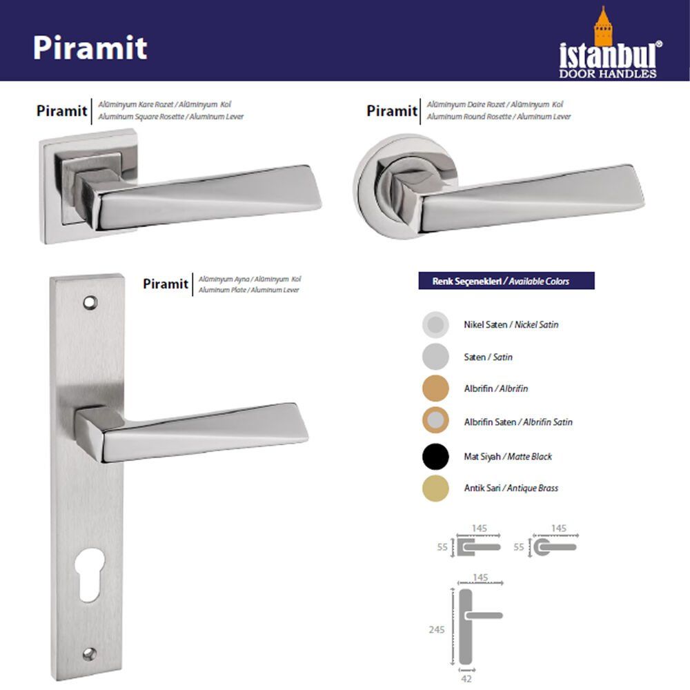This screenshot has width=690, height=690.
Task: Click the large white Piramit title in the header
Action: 90,48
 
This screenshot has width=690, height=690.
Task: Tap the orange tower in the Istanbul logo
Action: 603,26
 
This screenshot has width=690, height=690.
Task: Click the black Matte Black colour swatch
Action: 435,456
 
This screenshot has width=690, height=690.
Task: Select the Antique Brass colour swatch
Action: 435,488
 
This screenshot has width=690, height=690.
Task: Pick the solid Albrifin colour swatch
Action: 435,388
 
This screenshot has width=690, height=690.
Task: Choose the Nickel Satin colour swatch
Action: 435,325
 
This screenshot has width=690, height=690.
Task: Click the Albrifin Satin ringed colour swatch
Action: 435,420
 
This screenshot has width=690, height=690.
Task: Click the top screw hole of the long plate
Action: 90,302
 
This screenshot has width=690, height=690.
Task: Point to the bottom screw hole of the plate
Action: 90,654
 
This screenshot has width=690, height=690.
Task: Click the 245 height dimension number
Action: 437,630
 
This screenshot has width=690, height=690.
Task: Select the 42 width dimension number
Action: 466,679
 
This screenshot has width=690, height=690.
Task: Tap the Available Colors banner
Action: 506,281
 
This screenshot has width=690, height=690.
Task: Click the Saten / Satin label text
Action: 488,357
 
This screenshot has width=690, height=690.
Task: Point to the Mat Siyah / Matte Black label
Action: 508,456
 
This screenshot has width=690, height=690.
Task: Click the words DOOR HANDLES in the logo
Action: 608,74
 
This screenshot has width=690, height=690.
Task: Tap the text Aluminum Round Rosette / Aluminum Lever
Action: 499,117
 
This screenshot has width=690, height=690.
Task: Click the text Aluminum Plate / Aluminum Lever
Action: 248,290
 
